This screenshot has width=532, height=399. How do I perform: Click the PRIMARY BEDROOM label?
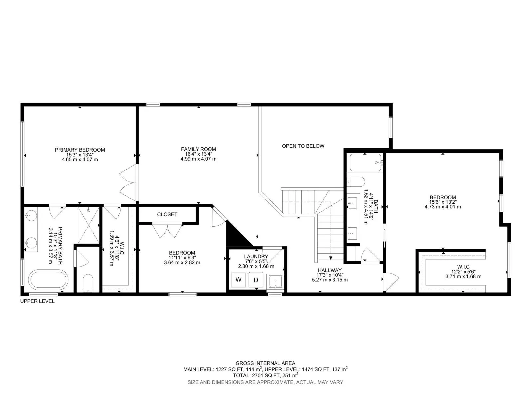point(80,150)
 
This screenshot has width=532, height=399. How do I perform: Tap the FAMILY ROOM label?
point(198,149)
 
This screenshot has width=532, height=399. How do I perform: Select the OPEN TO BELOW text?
point(303,146)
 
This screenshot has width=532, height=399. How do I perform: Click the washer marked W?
point(238,280)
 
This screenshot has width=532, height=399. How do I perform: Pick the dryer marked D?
point(256,280)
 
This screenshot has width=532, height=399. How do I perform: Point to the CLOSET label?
point(167,214)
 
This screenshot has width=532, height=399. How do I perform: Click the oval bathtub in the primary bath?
point(49,280)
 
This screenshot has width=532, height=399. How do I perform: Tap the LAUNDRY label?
point(256,256)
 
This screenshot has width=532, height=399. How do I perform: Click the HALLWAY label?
point(330,270)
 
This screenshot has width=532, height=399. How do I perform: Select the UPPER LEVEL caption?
point(37,301)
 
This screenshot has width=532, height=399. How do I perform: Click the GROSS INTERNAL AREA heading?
point(265,363)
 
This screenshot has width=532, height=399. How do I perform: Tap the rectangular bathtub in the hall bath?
point(365,163)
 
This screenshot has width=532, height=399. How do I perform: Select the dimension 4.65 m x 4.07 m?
point(80,160)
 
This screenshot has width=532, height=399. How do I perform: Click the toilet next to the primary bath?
point(88,283)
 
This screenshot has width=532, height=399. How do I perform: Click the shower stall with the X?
point(88,225)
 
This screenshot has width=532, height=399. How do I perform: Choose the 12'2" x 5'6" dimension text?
point(463,272)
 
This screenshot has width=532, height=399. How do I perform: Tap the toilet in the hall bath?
point(356,182)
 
